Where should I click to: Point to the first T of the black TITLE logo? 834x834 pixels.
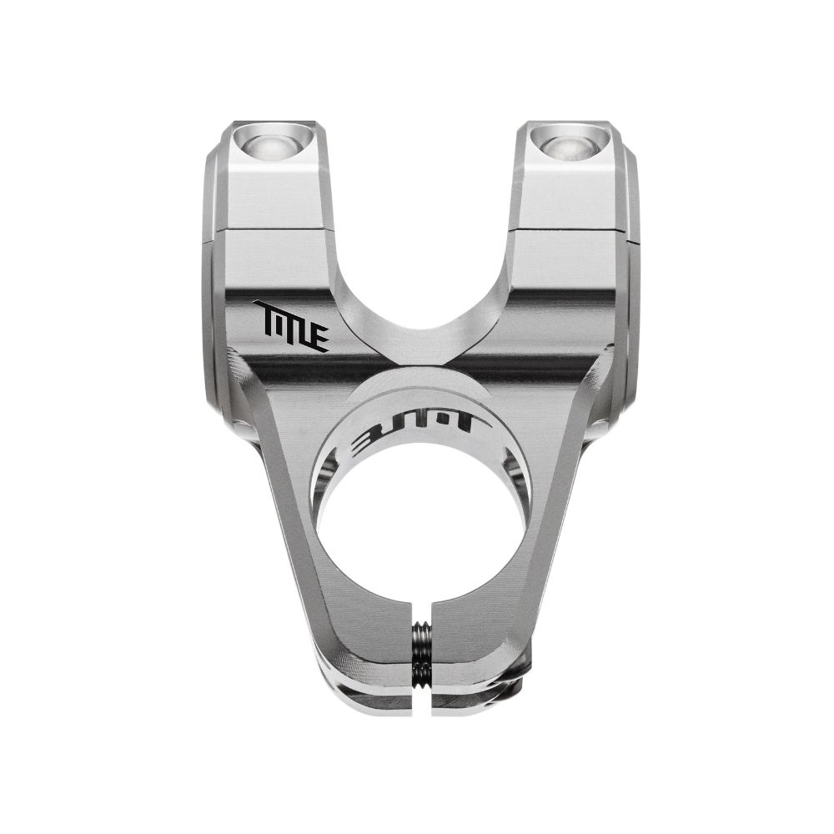pyautogui.click(x=266, y=314)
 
